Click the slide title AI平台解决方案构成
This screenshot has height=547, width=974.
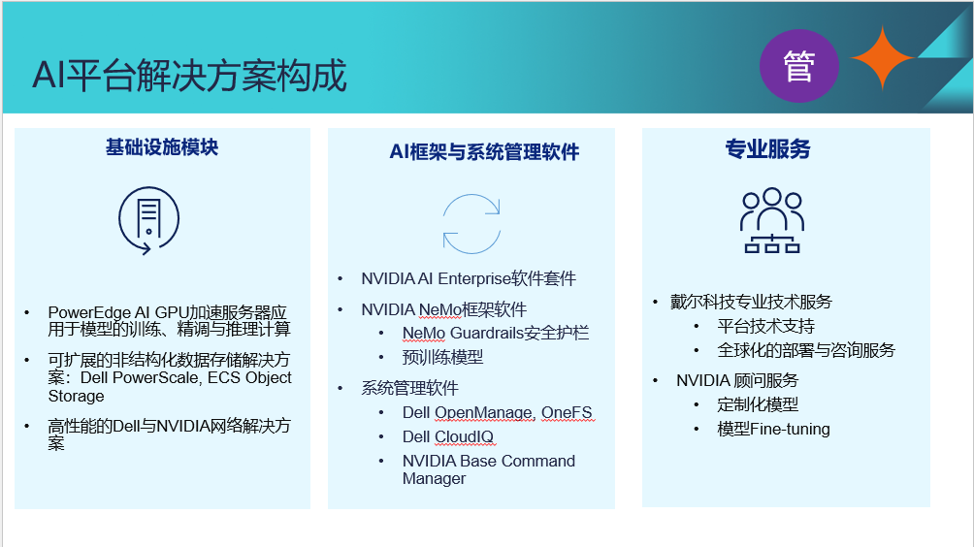(189, 76)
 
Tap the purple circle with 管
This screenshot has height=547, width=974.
(798, 66)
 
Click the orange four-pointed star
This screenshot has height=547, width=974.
(882, 58)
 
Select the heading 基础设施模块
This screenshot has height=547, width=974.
(161, 147)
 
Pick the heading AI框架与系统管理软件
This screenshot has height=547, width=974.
(484, 151)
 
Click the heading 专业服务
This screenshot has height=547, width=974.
(767, 149)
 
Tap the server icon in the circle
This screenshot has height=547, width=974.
(149, 220)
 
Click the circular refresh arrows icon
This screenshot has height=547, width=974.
(471, 224)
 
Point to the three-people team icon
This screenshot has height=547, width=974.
(771, 220)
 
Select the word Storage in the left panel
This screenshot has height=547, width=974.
(76, 396)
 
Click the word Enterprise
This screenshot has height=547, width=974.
(474, 278)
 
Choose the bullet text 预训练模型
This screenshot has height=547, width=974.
(442, 357)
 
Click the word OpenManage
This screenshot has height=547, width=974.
(483, 413)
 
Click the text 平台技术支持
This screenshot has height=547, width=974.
(765, 326)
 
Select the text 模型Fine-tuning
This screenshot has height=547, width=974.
(773, 429)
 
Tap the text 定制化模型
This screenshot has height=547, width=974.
(758, 404)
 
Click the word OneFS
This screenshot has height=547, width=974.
(567, 413)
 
